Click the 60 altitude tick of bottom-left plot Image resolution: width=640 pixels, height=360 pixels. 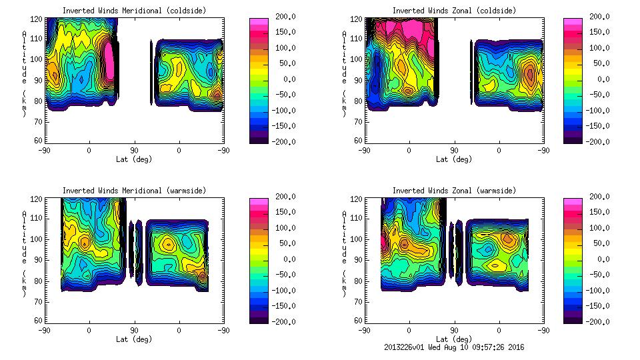tap(38, 321)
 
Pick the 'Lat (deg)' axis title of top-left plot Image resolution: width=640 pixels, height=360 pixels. tap(133, 159)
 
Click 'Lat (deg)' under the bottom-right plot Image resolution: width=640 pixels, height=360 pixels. tap(453, 339)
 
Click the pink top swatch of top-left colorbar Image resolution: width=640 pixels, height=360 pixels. tap(259, 22)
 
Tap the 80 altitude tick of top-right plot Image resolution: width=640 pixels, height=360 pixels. tap(358, 102)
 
